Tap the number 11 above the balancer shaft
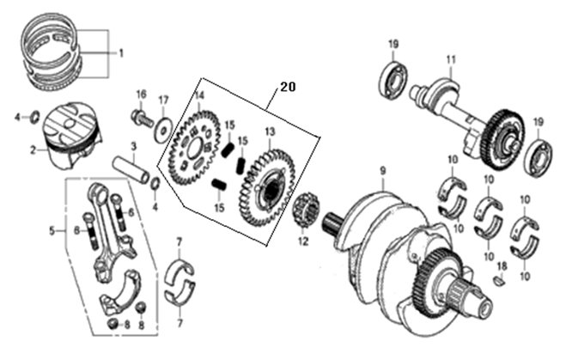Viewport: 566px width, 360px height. point(448,59)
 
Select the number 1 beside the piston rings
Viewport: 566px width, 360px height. point(121,53)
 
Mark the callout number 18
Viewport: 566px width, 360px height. point(503,266)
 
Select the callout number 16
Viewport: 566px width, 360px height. point(141,94)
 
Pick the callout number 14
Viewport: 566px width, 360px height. point(199,95)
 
